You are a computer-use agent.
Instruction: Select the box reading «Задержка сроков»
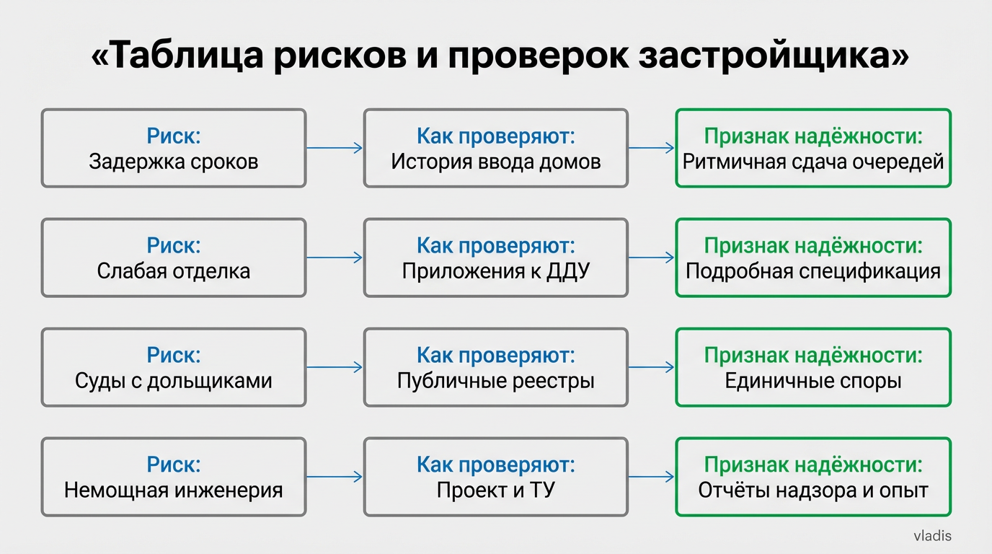click(x=173, y=148)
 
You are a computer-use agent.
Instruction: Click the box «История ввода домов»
click(x=495, y=148)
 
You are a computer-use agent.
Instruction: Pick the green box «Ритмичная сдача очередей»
click(x=812, y=148)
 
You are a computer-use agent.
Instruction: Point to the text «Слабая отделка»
click(x=173, y=271)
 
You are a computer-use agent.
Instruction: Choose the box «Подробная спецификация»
click(x=812, y=258)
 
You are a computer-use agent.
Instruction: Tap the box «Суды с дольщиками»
click(x=173, y=367)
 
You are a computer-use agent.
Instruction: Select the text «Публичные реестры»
click(x=495, y=381)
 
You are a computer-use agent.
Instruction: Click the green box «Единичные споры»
click(x=812, y=367)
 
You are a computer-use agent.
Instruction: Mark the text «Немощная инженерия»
click(x=173, y=491)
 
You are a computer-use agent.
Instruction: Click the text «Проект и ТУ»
click(x=495, y=491)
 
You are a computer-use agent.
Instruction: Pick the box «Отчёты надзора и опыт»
click(x=812, y=477)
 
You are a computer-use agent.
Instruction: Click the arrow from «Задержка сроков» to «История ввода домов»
click(x=334, y=148)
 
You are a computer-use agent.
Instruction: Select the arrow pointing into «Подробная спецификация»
click(x=651, y=258)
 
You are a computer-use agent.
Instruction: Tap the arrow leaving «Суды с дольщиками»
click(x=334, y=367)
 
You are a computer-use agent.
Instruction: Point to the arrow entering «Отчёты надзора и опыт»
click(x=651, y=477)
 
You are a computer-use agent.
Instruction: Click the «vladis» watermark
click(x=932, y=536)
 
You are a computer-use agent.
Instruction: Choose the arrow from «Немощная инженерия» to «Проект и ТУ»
click(x=334, y=477)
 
